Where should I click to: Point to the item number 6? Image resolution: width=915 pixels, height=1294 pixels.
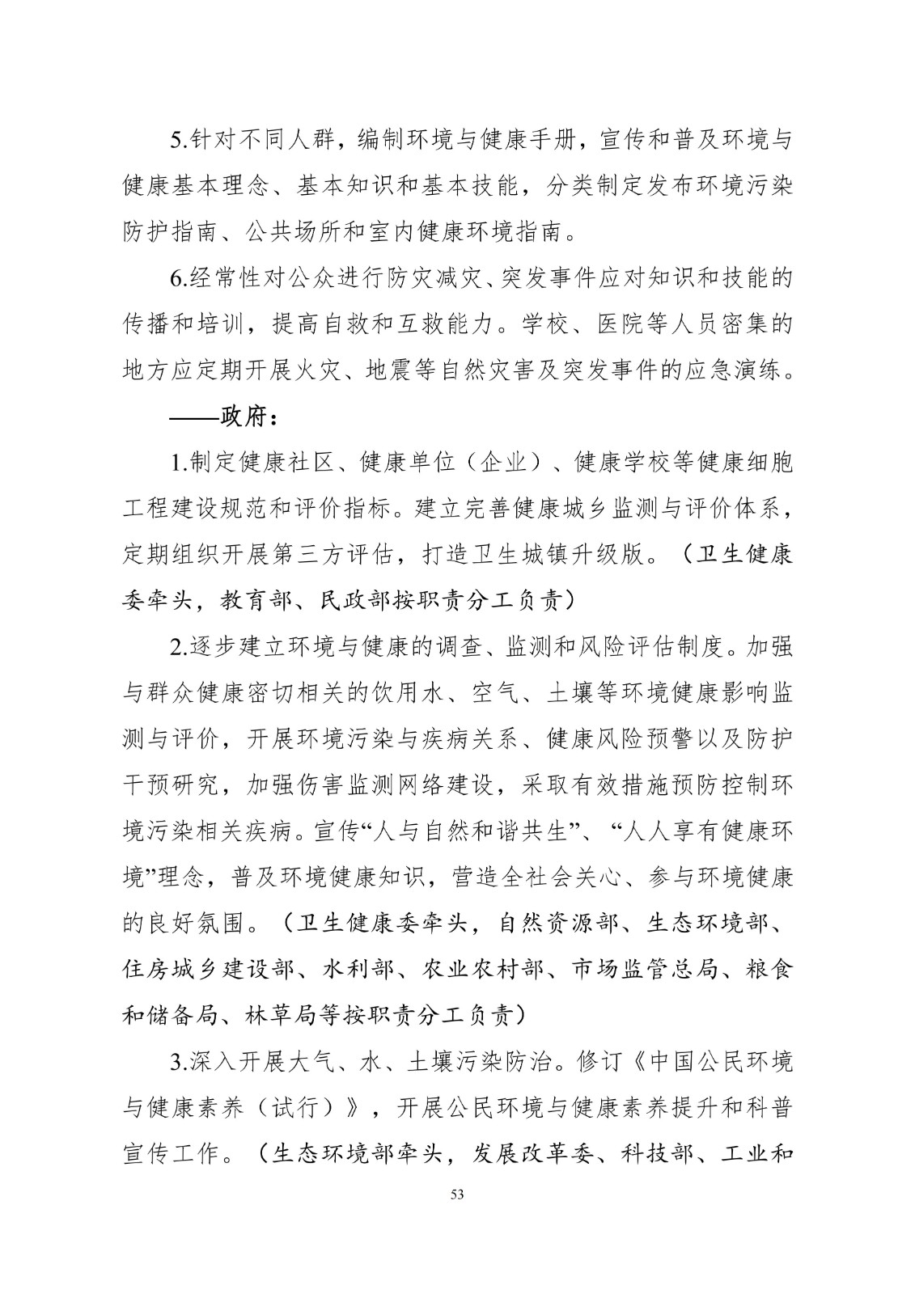click(x=180, y=279)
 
